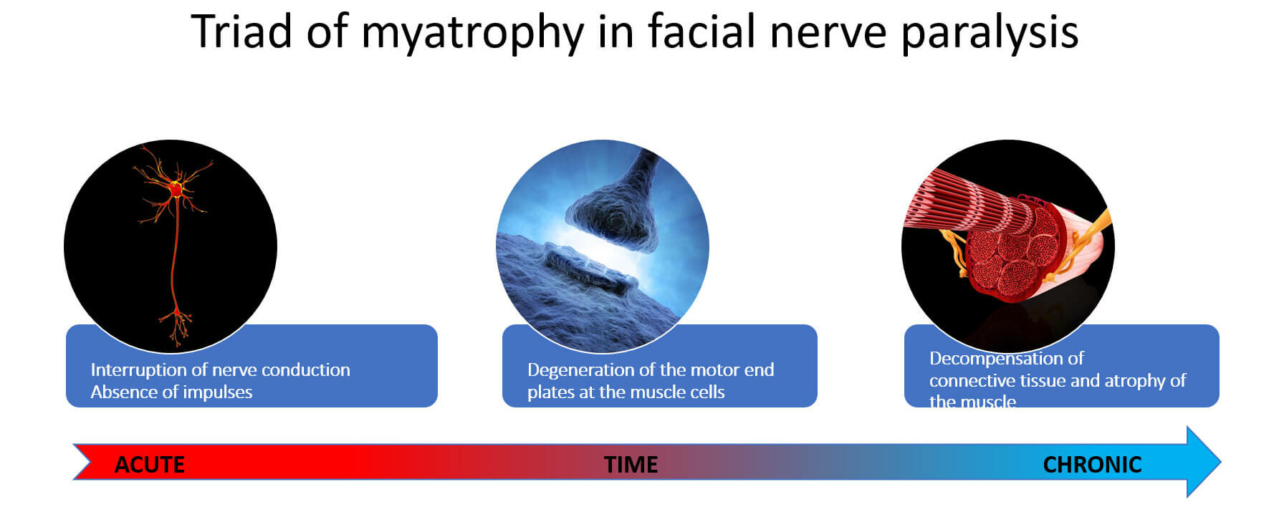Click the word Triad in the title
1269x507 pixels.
click(x=241, y=32)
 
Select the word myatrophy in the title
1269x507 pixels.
click(x=472, y=34)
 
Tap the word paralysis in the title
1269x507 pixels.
click(x=990, y=34)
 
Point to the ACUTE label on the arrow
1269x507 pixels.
click(x=150, y=465)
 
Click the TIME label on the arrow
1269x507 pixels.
click(x=631, y=465)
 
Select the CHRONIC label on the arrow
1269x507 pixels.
click(x=1092, y=465)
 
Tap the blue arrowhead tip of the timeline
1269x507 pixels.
click(x=1220, y=462)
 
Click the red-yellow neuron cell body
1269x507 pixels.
click(x=175, y=190)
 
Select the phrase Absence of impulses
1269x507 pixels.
click(x=171, y=392)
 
